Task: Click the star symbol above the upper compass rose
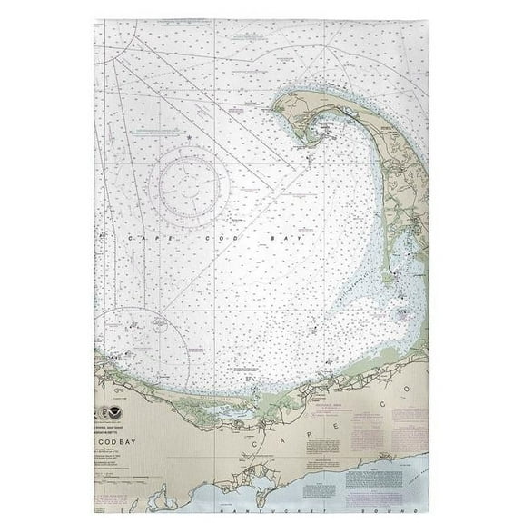(x=188, y=138)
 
